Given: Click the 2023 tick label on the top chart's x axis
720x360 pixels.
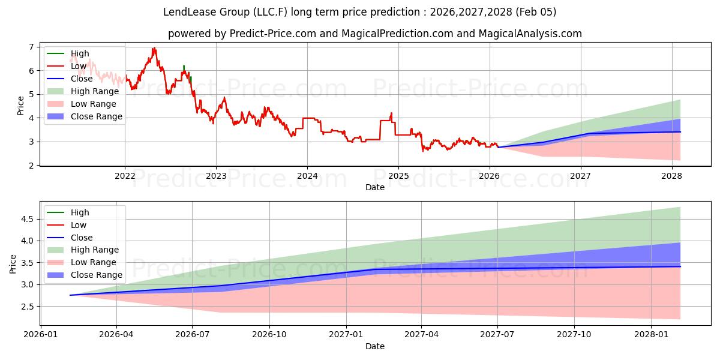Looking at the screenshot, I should (x=216, y=176).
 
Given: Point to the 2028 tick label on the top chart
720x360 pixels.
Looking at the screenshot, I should (x=671, y=176).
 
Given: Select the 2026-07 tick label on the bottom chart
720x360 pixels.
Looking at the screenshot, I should (x=193, y=335).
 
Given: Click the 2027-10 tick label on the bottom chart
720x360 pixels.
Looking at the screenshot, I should (x=574, y=335).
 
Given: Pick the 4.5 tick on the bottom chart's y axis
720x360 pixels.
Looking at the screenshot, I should (x=28, y=219).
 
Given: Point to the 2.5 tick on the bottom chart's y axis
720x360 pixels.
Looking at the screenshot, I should (x=28, y=307).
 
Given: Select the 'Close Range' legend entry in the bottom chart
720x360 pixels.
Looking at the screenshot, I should (x=96, y=275).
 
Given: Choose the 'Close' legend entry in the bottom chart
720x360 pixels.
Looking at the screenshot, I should (x=82, y=237).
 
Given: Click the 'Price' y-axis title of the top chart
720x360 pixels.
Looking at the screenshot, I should (x=21, y=106).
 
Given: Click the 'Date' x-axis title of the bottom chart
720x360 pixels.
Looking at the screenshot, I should (x=375, y=346).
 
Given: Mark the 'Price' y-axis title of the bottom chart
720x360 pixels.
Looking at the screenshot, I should (x=13, y=264).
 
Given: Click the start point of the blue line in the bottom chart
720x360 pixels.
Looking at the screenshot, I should (x=70, y=295).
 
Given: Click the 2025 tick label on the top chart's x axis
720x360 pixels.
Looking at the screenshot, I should (x=398, y=176).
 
